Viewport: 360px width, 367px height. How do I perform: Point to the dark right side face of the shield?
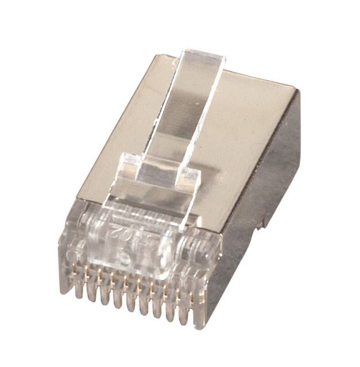270,172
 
